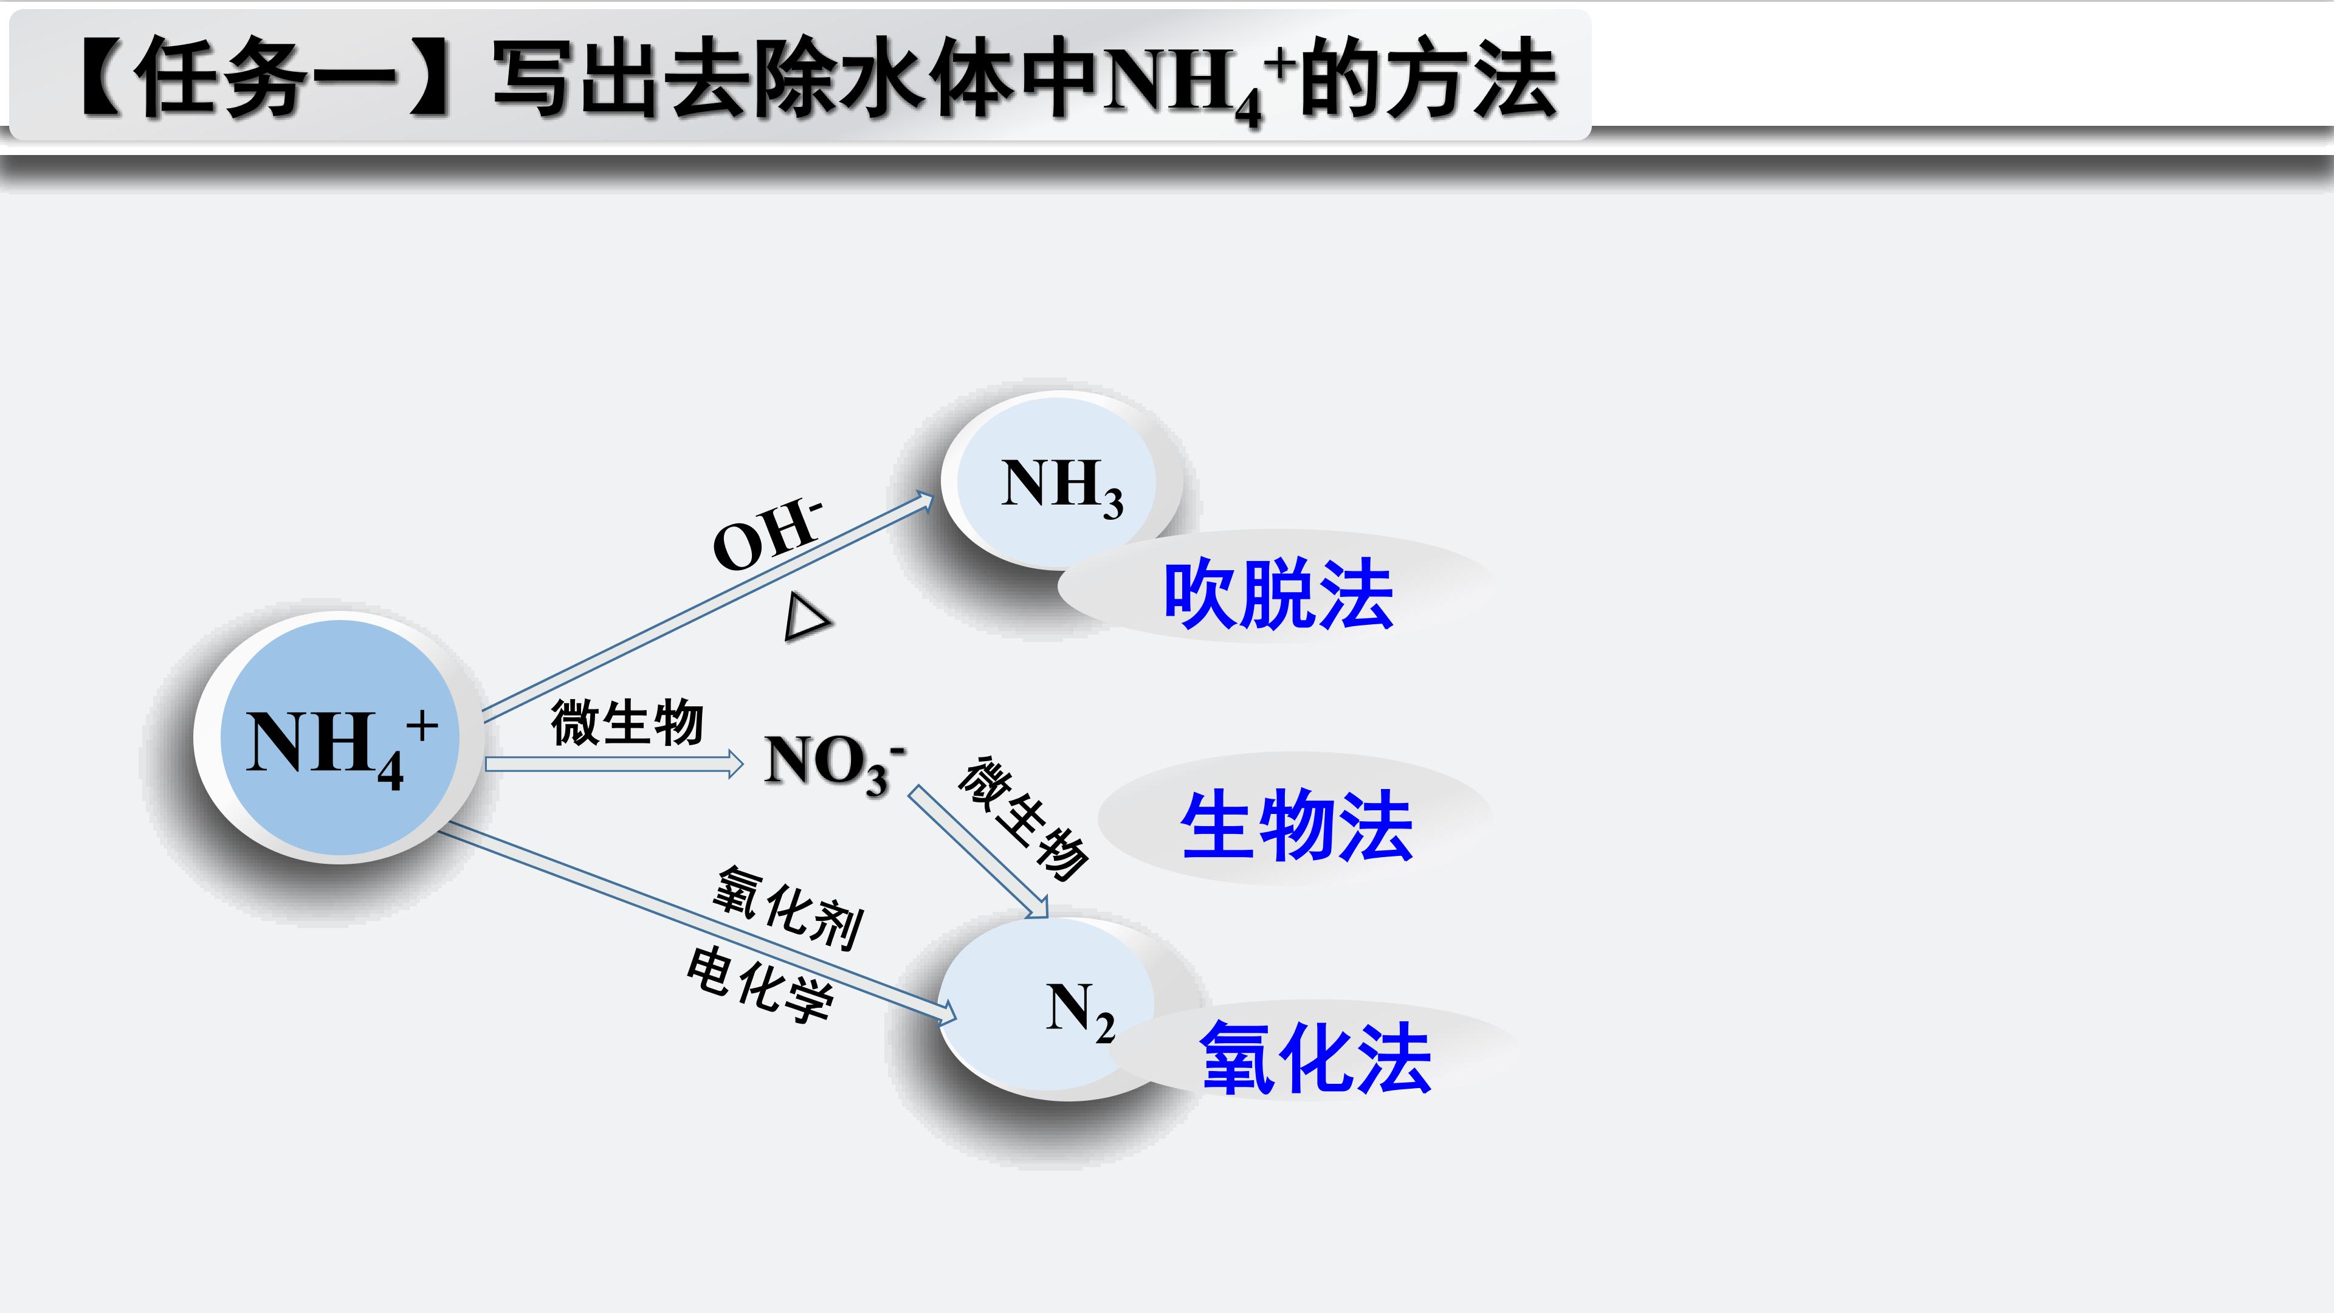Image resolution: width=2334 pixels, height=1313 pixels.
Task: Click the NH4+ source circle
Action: point(340,737)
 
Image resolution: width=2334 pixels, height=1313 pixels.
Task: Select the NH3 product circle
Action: point(1062,480)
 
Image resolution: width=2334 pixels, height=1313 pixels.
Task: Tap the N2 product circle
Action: point(1051,1008)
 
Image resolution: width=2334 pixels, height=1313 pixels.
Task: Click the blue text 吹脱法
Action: point(1278,594)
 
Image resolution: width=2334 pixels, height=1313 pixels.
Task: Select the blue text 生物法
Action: point(1296,825)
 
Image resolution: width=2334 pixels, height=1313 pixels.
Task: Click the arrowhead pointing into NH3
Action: point(924,500)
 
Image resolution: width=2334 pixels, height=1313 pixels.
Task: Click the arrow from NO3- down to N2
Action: point(979,852)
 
